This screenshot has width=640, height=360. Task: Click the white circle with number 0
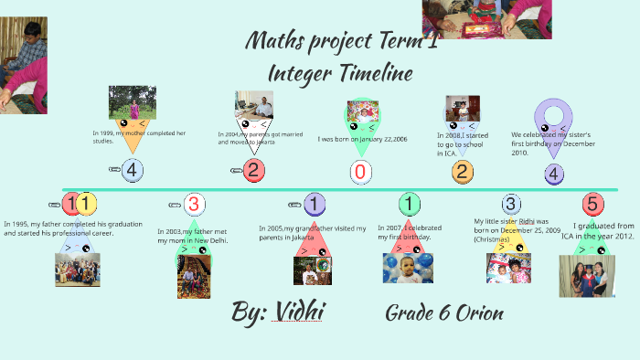[360, 172]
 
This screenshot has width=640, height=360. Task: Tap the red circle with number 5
[592, 204]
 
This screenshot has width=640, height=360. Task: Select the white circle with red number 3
[193, 204]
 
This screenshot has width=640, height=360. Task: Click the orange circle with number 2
[463, 171]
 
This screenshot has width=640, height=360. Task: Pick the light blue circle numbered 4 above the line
[132, 169]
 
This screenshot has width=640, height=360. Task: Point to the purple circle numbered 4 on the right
[554, 174]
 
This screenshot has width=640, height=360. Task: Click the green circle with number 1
[410, 204]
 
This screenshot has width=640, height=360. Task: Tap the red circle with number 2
[254, 169]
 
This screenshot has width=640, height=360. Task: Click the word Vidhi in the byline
[296, 313]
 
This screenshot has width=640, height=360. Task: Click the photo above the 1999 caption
[133, 101]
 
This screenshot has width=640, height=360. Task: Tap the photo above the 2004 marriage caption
[254, 106]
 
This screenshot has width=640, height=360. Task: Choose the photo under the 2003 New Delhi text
[194, 276]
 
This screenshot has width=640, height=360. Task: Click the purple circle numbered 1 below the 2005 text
[314, 205]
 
